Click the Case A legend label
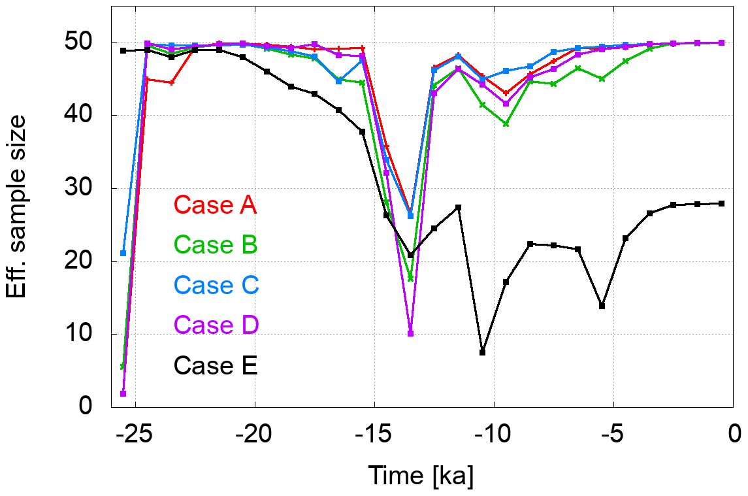pyautogui.click(x=215, y=205)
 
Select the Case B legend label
pyautogui.click(x=216, y=245)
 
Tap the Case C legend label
pyautogui.click(x=216, y=285)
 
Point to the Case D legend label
pyautogui.click(x=216, y=325)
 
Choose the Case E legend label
pyautogui.click(x=216, y=365)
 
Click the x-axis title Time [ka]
pyautogui.click(x=421, y=475)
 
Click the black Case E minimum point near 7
pyautogui.click(x=482, y=352)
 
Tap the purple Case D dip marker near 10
pyautogui.click(x=410, y=333)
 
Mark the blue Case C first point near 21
pyautogui.click(x=123, y=253)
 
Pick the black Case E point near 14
pyautogui.click(x=602, y=306)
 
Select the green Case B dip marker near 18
pyautogui.click(x=410, y=278)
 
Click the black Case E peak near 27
pyautogui.click(x=458, y=207)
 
